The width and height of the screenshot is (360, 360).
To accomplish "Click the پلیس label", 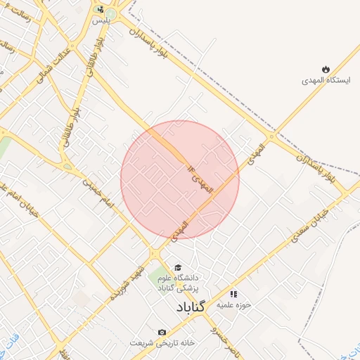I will click(102, 21).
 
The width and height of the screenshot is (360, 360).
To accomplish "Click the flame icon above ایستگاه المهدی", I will click(326, 69).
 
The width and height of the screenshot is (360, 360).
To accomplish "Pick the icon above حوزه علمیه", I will click(234, 293).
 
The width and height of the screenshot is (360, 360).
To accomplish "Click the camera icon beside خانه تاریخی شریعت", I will click(162, 332).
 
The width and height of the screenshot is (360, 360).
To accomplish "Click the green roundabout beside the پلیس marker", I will click(110, 14).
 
